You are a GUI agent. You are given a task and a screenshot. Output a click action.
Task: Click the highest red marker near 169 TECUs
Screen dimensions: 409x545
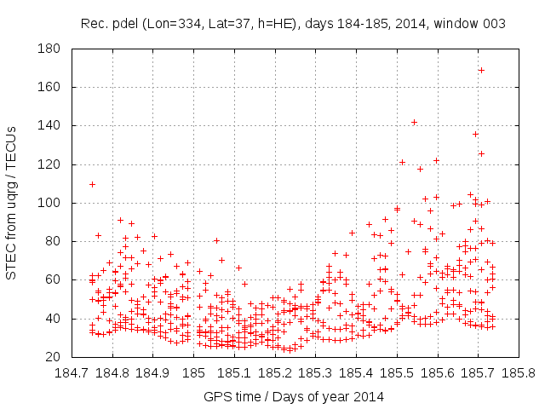(481, 70)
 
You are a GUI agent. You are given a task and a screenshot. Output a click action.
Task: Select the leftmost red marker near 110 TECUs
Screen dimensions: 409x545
(92, 184)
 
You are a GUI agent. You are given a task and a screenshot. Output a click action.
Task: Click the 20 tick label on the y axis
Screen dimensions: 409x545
(49, 357)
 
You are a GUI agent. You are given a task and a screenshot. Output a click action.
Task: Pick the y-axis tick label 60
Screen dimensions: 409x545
(49, 279)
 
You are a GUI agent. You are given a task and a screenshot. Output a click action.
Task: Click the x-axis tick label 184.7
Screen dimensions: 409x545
(72, 373)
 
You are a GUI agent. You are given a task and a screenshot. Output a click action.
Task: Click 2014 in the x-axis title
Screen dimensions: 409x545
(369, 396)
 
